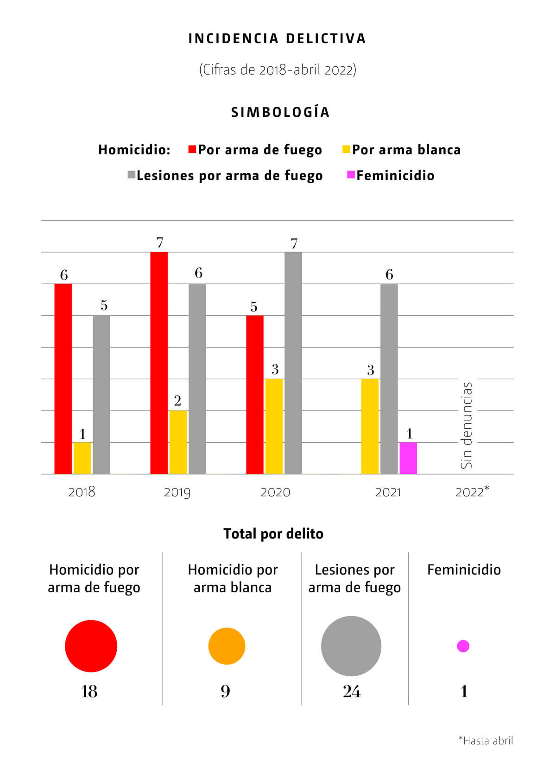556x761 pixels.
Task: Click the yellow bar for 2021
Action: [370, 426]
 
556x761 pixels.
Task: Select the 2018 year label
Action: [82, 491]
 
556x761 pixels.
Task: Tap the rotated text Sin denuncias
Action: [467, 425]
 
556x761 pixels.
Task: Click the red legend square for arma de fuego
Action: [192, 149]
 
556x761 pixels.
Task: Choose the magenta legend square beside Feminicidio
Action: [351, 175]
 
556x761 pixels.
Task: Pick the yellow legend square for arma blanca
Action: [346, 149]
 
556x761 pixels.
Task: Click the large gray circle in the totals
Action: [351, 646]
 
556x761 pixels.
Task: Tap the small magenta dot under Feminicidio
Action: [463, 646]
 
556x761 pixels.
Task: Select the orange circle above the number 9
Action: [227, 646]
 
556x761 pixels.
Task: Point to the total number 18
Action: [89, 691]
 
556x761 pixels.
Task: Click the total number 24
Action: [352, 691]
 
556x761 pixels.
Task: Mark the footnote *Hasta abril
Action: [486, 740]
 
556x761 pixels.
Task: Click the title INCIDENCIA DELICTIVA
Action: [278, 38]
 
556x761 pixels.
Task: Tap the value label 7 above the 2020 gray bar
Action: [294, 243]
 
